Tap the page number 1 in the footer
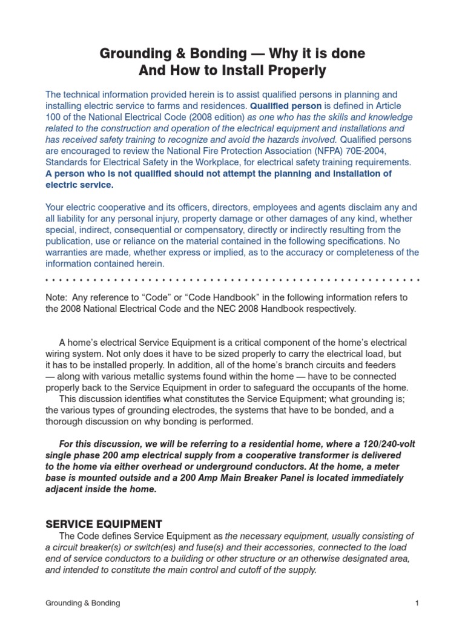[x=417, y=603]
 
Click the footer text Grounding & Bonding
[x=83, y=603]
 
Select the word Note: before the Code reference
[x=58, y=297]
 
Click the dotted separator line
[x=232, y=280]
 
